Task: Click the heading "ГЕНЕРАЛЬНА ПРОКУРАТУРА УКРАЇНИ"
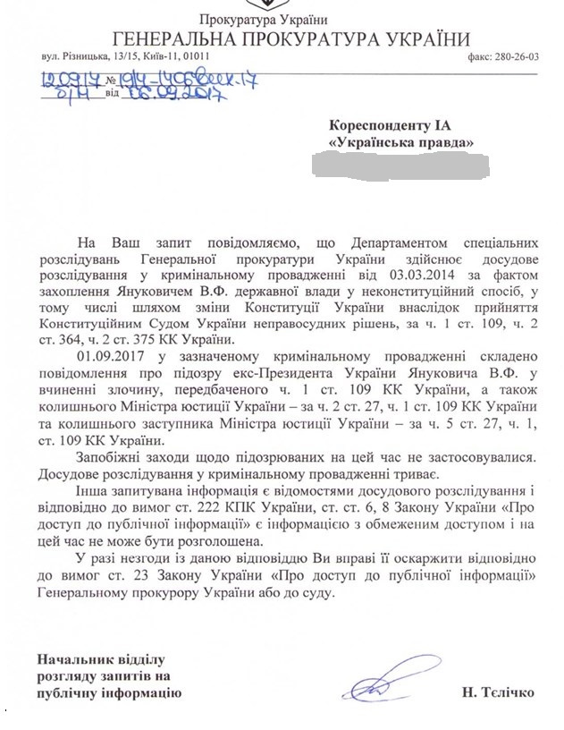[x=290, y=38]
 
